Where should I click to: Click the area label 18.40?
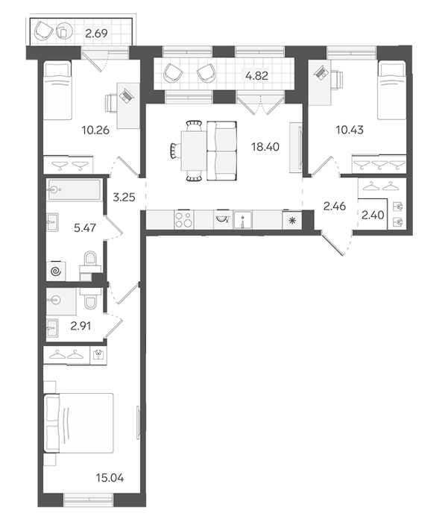265,146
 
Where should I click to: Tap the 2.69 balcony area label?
96,34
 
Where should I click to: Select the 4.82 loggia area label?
256,75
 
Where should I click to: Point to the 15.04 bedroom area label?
110,478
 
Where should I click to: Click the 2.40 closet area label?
373,215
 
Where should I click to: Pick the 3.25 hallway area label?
124,198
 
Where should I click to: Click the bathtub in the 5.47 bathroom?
75,190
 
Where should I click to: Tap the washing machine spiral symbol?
56,272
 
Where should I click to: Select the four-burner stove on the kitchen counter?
183,219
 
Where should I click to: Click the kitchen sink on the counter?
243,219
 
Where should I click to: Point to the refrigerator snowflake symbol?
292,220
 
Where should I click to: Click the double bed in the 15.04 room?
78,423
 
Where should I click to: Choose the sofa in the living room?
221,151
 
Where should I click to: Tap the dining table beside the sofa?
194,151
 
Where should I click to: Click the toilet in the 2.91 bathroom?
90,298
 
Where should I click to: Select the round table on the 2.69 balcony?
64,31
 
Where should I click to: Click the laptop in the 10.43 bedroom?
321,72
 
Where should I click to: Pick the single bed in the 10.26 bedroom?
57,90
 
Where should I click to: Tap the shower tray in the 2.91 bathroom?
61,301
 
